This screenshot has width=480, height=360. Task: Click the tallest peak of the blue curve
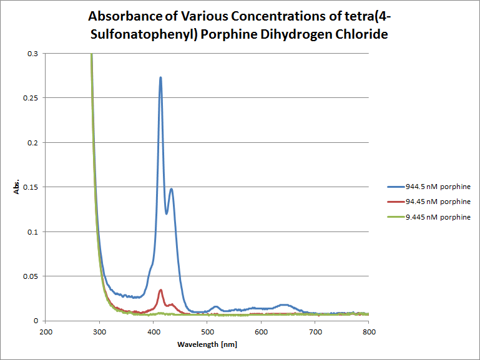coord(160,78)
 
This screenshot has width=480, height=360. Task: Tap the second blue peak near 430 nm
coord(171,188)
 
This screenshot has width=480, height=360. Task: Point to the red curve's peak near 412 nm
coord(160,289)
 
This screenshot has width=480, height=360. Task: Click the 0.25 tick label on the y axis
coord(29,99)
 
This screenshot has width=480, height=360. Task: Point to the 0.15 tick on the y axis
coord(29,187)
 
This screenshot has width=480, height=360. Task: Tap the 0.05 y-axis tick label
coord(29,276)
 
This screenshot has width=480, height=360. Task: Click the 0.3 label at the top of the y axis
coord(32,54)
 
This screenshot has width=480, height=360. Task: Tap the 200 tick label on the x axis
coord(46,331)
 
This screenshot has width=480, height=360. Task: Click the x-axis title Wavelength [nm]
coord(207,344)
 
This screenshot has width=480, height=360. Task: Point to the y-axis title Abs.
coord(17,187)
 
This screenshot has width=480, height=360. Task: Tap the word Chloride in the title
coord(365,34)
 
